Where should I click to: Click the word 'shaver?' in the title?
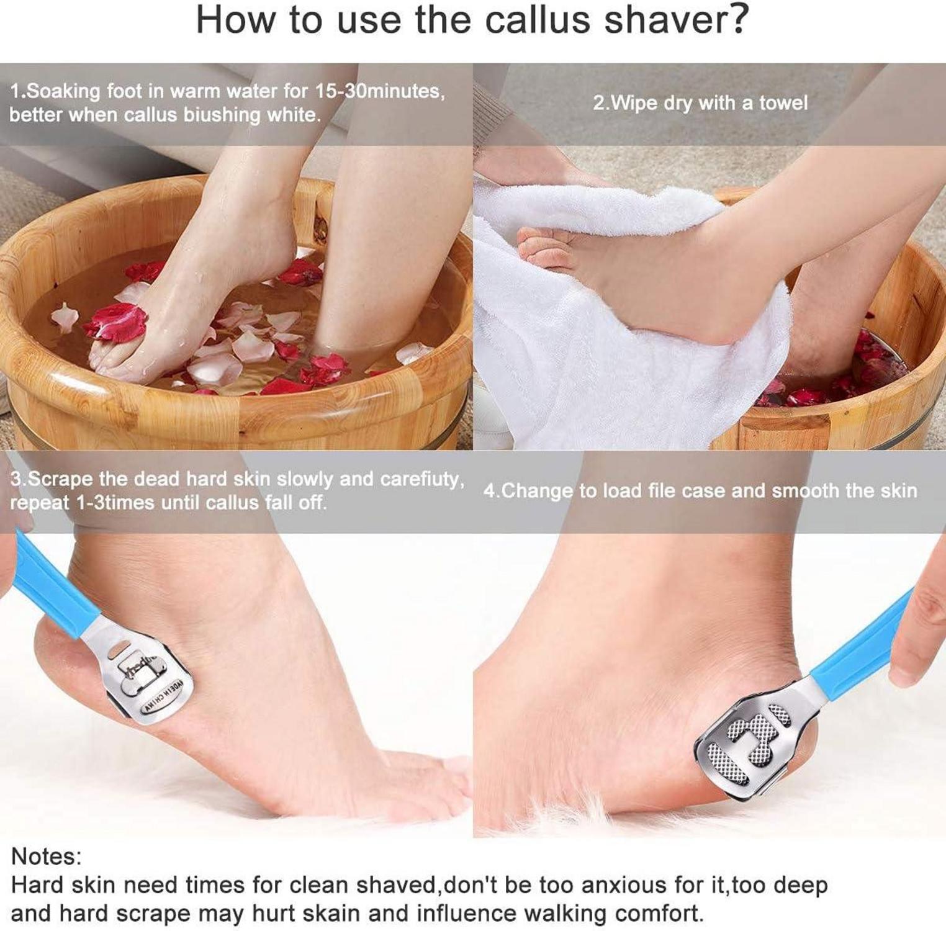point(676,20)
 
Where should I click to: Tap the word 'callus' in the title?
point(538,20)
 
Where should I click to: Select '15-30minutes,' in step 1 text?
point(379,91)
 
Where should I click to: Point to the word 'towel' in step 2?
point(783,103)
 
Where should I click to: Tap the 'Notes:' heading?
point(46,857)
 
